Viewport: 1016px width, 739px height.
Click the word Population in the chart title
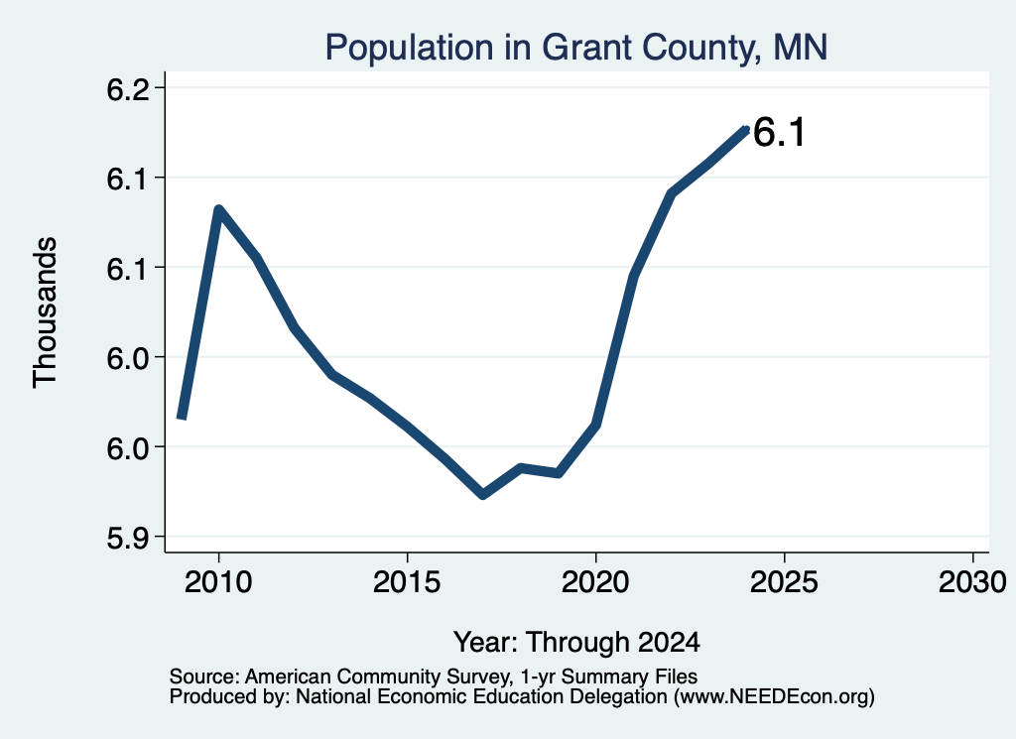pos(410,49)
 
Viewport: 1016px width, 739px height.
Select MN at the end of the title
pos(801,48)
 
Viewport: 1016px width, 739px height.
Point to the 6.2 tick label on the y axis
pos(127,88)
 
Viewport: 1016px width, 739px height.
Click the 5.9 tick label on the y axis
pos(127,537)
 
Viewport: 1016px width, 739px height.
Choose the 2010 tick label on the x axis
pos(218,581)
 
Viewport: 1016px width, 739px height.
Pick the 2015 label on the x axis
pos(407,581)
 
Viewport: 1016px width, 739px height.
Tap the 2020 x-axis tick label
pos(595,581)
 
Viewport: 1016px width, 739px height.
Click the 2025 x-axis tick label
pos(784,581)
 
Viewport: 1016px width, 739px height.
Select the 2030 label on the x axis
pos(972,581)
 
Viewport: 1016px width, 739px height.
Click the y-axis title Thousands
pos(46,312)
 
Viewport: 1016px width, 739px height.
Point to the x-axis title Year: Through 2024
pos(576,643)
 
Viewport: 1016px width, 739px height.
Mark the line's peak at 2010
pos(219,209)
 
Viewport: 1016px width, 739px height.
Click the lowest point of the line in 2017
pos(483,495)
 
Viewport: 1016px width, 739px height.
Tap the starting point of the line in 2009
pos(183,418)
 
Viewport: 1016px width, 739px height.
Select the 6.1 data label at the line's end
pos(780,132)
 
